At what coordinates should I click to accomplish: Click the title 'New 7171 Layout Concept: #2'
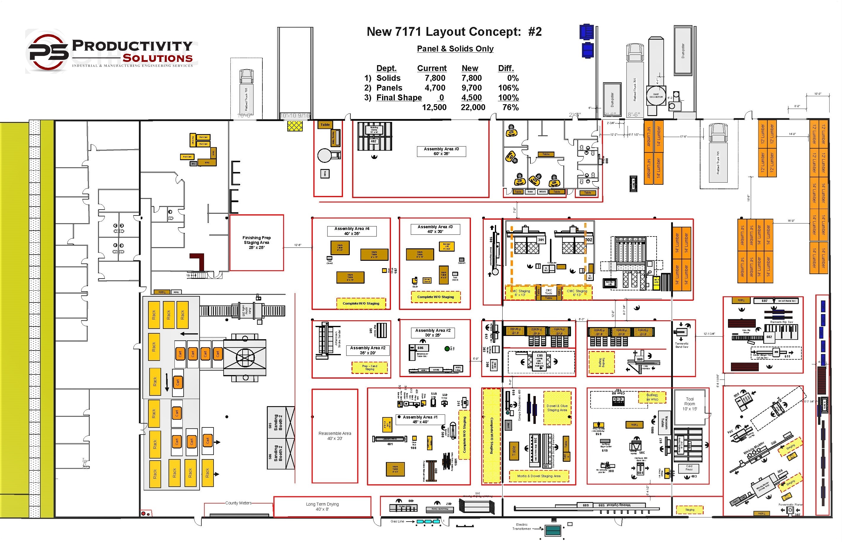coord(454,32)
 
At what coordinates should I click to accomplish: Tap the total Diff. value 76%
coord(510,107)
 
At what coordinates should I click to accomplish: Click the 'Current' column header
coord(432,68)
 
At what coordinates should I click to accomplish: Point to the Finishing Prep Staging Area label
coord(256,242)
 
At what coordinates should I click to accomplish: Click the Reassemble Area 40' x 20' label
coord(335,436)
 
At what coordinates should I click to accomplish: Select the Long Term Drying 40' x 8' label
coord(322,506)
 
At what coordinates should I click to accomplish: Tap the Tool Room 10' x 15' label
coord(689,404)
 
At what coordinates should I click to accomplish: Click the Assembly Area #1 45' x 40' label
coord(420,419)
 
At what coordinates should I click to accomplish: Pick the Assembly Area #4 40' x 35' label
coord(352,231)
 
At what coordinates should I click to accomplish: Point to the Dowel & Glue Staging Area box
coord(557,408)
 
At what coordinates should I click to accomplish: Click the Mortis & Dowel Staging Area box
coord(538,476)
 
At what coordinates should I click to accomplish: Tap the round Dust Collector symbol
coord(656,95)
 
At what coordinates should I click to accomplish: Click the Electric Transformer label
coord(522,527)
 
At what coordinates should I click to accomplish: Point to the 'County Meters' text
coord(238,503)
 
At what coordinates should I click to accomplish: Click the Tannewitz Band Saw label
coord(681,345)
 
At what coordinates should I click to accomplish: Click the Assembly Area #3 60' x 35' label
coord(441,151)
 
